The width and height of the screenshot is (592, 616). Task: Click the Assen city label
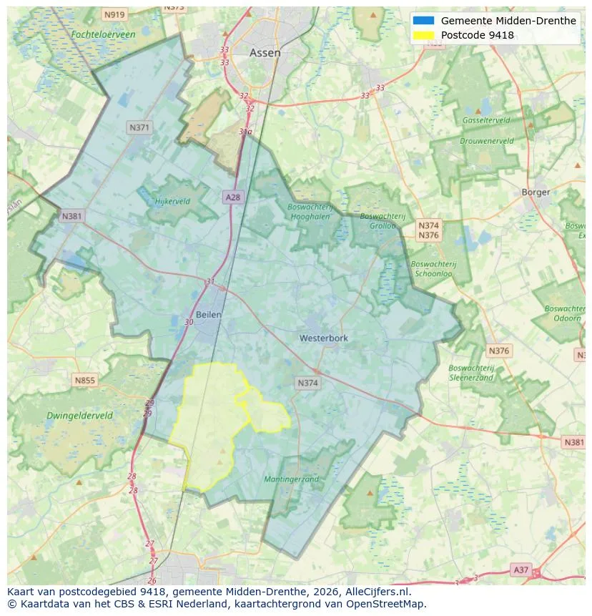click(265, 53)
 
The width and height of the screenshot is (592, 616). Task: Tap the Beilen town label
click(209, 314)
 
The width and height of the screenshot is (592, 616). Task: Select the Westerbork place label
click(324, 338)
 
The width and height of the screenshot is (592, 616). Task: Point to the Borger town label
click(536, 192)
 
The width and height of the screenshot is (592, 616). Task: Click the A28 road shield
click(232, 197)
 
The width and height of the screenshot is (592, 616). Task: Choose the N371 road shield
click(139, 127)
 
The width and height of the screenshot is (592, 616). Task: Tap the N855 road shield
click(84, 381)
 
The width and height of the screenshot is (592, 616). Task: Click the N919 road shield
click(114, 14)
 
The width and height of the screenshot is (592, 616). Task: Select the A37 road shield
click(521, 569)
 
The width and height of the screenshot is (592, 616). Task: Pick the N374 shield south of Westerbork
click(307, 383)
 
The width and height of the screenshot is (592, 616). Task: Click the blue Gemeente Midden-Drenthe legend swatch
click(423, 21)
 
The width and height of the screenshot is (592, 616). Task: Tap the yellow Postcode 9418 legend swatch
click(423, 35)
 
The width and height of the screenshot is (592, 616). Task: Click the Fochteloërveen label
click(103, 34)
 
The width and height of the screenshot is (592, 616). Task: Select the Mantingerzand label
click(291, 479)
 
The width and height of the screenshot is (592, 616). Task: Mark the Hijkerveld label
click(172, 201)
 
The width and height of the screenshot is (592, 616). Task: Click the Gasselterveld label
click(485, 120)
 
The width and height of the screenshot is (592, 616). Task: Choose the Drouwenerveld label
click(486, 141)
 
